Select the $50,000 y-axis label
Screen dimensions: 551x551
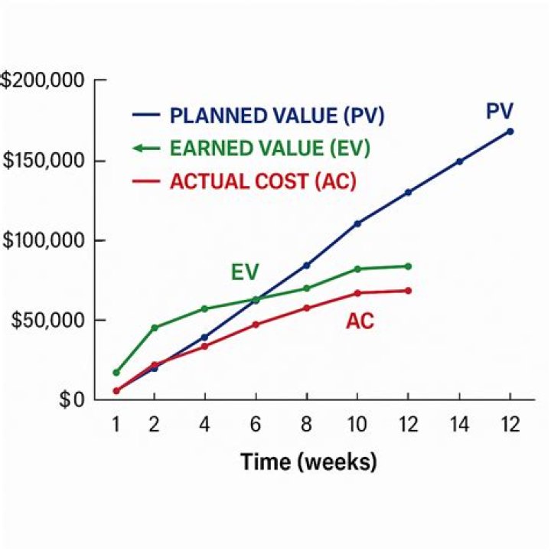click(47, 320)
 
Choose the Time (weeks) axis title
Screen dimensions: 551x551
click(308, 462)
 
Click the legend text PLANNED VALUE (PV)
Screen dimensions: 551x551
click(276, 116)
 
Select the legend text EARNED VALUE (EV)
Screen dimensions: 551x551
click(269, 149)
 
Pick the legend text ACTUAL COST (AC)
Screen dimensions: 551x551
click(263, 182)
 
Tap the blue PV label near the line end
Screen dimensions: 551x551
click(500, 112)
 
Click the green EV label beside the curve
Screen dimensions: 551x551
click(245, 272)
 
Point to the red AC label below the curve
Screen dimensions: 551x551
click(360, 321)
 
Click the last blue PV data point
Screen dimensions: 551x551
click(510, 131)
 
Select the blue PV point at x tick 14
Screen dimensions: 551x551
click(459, 161)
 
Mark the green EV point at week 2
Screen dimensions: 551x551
click(155, 328)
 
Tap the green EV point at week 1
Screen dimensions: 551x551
click(116, 373)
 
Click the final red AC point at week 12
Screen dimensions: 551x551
click(408, 291)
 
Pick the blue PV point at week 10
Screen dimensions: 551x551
click(357, 223)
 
